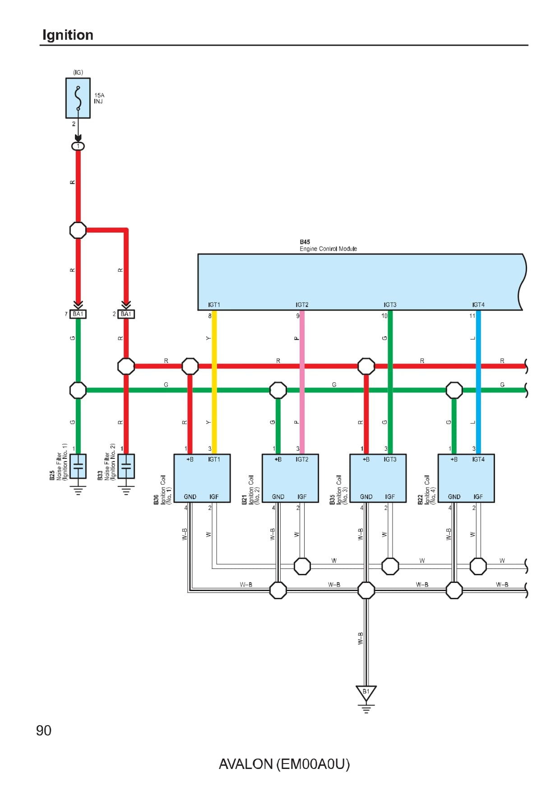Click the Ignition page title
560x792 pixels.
(x=68, y=35)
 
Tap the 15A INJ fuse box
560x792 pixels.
(x=78, y=98)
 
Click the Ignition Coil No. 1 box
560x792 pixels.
(x=202, y=478)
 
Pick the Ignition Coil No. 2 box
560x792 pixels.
(x=290, y=478)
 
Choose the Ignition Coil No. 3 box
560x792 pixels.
(x=378, y=478)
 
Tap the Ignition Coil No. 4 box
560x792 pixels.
(x=466, y=478)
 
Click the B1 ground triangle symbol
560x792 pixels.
(x=366, y=693)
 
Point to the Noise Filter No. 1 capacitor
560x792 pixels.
(x=78, y=466)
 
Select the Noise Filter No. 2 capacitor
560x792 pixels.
(x=126, y=466)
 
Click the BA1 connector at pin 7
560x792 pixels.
(x=78, y=314)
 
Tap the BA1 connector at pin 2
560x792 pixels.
(x=126, y=314)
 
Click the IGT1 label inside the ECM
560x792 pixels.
(x=214, y=305)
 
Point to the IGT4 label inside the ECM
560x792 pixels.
(x=478, y=305)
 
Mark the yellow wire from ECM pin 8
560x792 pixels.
(x=214, y=406)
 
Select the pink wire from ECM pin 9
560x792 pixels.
(x=302, y=406)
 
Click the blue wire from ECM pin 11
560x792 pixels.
(x=478, y=406)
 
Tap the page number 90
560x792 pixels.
(x=44, y=730)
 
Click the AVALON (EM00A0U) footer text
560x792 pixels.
(x=284, y=764)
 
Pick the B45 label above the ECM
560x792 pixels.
(x=305, y=242)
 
